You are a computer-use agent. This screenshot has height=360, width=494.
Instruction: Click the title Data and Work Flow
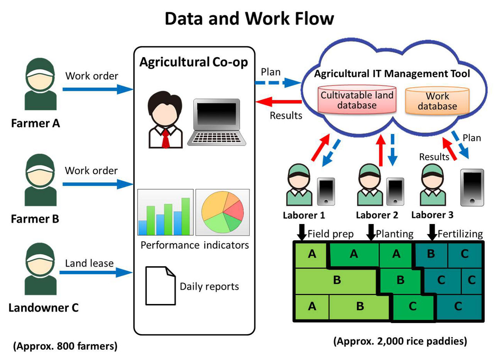point(249,18)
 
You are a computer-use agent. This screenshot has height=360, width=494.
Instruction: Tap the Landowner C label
point(43,308)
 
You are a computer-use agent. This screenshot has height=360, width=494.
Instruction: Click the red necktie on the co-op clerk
point(165,139)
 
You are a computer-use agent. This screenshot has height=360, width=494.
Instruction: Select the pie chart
point(223,212)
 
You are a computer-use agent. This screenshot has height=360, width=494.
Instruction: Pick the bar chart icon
point(165,212)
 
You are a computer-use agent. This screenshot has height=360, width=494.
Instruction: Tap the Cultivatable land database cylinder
point(357,100)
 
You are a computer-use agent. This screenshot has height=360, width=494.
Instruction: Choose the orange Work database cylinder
point(437,101)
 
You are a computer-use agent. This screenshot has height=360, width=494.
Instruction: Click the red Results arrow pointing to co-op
point(279,102)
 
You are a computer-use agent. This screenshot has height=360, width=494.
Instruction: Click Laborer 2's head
point(370,175)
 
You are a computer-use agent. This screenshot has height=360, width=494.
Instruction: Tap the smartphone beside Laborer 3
point(472,187)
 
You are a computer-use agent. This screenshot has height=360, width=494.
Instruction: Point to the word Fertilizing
point(460,234)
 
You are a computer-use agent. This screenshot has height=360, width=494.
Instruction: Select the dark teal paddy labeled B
point(431,254)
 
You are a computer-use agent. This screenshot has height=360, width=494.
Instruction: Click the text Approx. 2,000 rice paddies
point(400,341)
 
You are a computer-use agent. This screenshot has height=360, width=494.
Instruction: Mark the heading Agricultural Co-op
point(193,62)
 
